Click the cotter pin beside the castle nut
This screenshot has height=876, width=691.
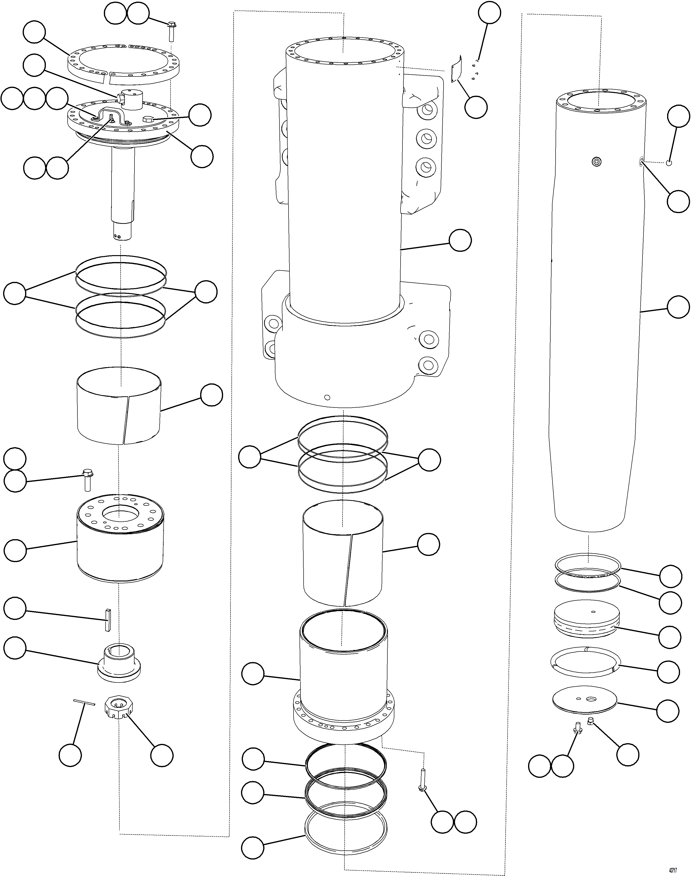click(84, 702)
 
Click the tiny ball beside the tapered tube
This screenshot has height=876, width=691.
click(669, 163)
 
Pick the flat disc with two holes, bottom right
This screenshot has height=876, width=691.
click(585, 701)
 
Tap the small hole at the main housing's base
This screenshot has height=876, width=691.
click(327, 397)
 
